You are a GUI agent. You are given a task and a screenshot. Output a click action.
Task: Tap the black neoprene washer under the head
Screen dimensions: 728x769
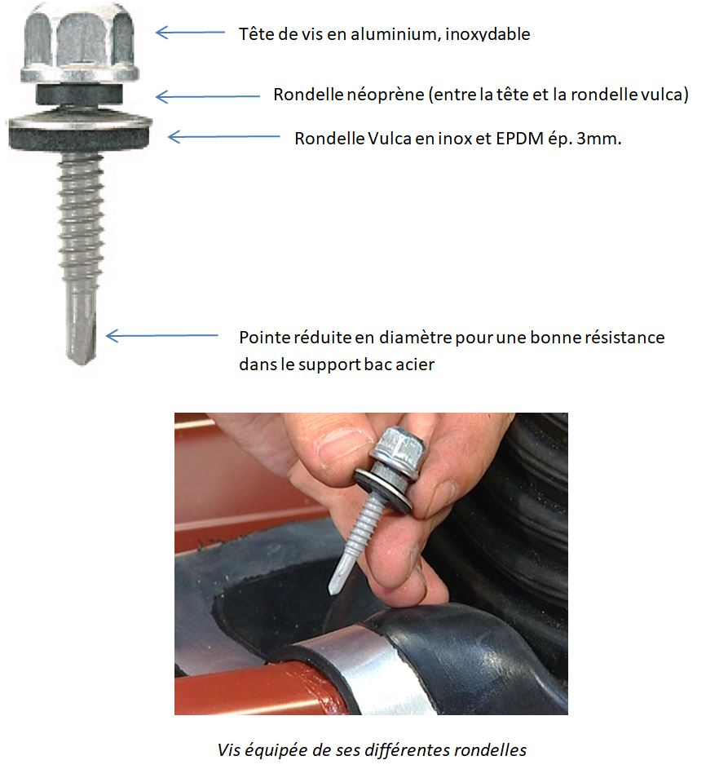click(79, 94)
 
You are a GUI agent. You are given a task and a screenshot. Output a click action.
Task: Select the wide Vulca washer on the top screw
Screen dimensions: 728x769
click(80, 130)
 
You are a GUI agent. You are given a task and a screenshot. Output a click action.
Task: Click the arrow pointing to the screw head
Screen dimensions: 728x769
click(190, 33)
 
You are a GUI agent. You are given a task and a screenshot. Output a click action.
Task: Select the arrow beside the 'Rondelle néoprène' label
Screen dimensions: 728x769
click(207, 96)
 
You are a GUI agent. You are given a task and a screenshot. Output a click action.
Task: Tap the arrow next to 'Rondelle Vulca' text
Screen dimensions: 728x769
click(223, 137)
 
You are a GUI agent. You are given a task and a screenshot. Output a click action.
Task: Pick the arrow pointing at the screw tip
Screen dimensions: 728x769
click(161, 336)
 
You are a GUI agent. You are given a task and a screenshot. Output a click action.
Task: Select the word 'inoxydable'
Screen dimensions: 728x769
click(488, 34)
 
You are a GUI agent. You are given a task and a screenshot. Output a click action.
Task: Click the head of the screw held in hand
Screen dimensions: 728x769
click(399, 450)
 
